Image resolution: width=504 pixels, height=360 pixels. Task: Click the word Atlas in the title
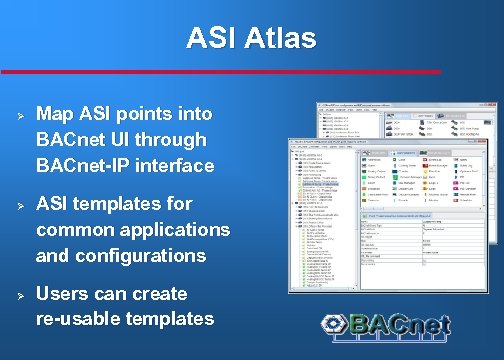tap(279, 39)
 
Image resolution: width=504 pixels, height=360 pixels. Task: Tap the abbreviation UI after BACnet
tap(122, 140)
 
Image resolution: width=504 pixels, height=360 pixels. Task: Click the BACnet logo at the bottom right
tap(386, 325)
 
